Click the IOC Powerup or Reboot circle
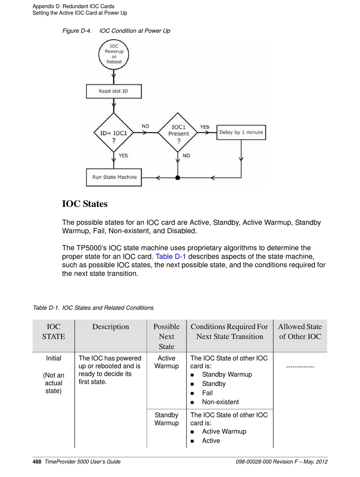coord(114,54)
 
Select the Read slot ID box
coord(114,91)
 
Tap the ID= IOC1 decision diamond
coord(114,133)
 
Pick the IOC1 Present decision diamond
coord(178,133)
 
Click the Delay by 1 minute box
coord(241,132)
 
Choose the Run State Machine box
coord(114,177)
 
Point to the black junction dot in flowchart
coord(178,178)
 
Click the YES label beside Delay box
coord(205,127)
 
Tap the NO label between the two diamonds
coord(146,126)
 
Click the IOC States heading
coord(85,204)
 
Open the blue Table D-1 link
coord(171,256)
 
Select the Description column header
coord(111,327)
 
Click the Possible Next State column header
coord(166,337)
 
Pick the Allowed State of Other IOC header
coord(300,332)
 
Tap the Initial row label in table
coord(53,358)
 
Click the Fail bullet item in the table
coord(207,393)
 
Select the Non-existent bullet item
coord(220,402)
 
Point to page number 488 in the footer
coord(37,461)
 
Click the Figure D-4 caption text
coord(116,31)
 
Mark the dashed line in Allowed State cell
coord(300,367)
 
